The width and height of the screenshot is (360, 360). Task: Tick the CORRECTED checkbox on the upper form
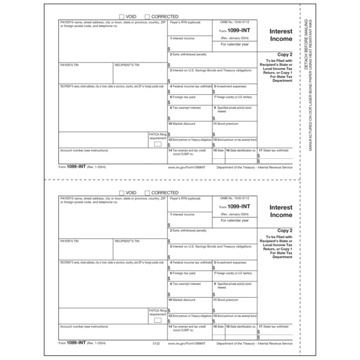click(x=148, y=17)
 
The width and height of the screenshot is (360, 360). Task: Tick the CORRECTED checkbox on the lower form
click(x=148, y=193)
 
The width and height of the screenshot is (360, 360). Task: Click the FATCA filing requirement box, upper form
click(x=158, y=144)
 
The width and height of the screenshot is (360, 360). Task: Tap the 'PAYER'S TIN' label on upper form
click(x=70, y=64)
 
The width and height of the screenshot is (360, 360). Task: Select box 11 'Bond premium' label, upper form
click(x=227, y=124)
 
